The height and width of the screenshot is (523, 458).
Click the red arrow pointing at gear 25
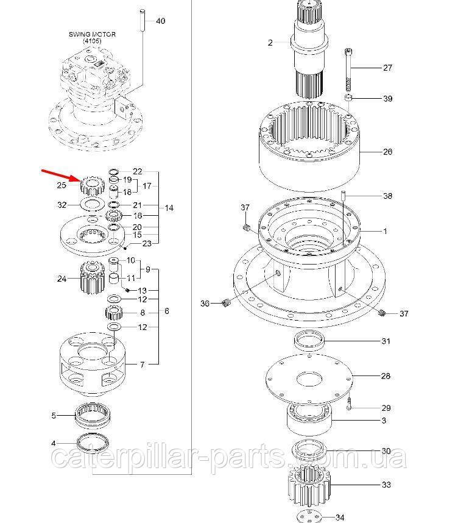click(59, 175)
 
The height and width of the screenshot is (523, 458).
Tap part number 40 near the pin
click(160, 21)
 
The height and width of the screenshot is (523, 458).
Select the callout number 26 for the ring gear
click(387, 152)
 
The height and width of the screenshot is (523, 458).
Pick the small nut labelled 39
click(348, 98)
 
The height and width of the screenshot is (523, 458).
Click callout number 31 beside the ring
click(386, 341)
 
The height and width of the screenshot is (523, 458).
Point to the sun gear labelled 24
click(90, 279)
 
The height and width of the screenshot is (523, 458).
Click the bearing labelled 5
click(92, 416)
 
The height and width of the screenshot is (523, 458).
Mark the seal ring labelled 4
click(93, 443)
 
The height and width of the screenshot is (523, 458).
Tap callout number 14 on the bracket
click(169, 208)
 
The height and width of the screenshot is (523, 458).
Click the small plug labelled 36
click(226, 303)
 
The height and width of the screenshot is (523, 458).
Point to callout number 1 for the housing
click(384, 232)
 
